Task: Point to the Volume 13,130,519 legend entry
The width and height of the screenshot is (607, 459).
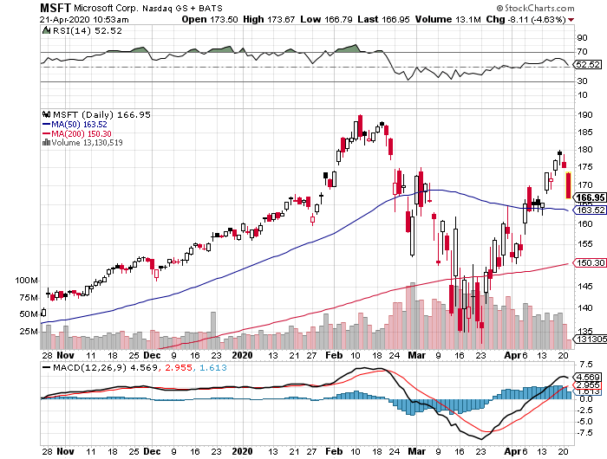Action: pyautogui.click(x=89, y=142)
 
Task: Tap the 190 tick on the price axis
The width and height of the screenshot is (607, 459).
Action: pyautogui.click(x=584, y=114)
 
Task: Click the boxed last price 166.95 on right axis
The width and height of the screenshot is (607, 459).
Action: pyautogui.click(x=591, y=197)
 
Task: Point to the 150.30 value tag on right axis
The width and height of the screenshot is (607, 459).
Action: pyautogui.click(x=591, y=263)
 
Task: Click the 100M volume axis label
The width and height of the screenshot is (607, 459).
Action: pyautogui.click(x=29, y=281)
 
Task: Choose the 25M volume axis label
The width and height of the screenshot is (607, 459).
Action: pyautogui.click(x=29, y=331)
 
